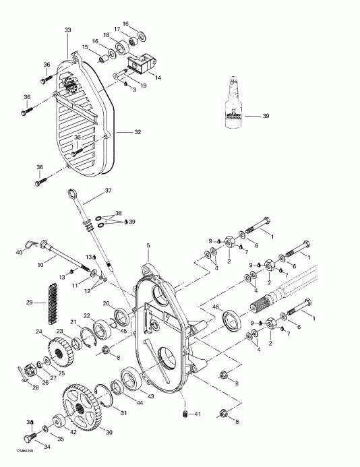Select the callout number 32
[x=138, y=132]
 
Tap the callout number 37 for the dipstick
[x=109, y=191]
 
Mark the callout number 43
[x=150, y=396]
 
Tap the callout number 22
[x=87, y=315]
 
